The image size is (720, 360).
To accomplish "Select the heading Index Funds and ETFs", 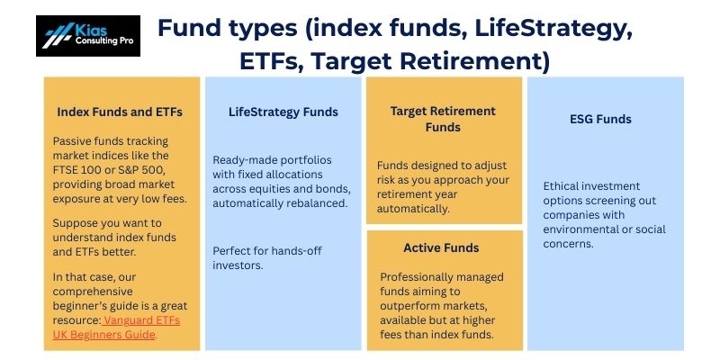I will point(120,112).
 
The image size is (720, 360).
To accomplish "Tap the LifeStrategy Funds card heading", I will point(283,112).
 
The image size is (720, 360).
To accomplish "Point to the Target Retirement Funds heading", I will point(443,119).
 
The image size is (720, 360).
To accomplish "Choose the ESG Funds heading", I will point(600,119).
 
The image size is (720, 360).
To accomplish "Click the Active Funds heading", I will point(441,247).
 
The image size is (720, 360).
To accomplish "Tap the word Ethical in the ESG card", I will point(565,186).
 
